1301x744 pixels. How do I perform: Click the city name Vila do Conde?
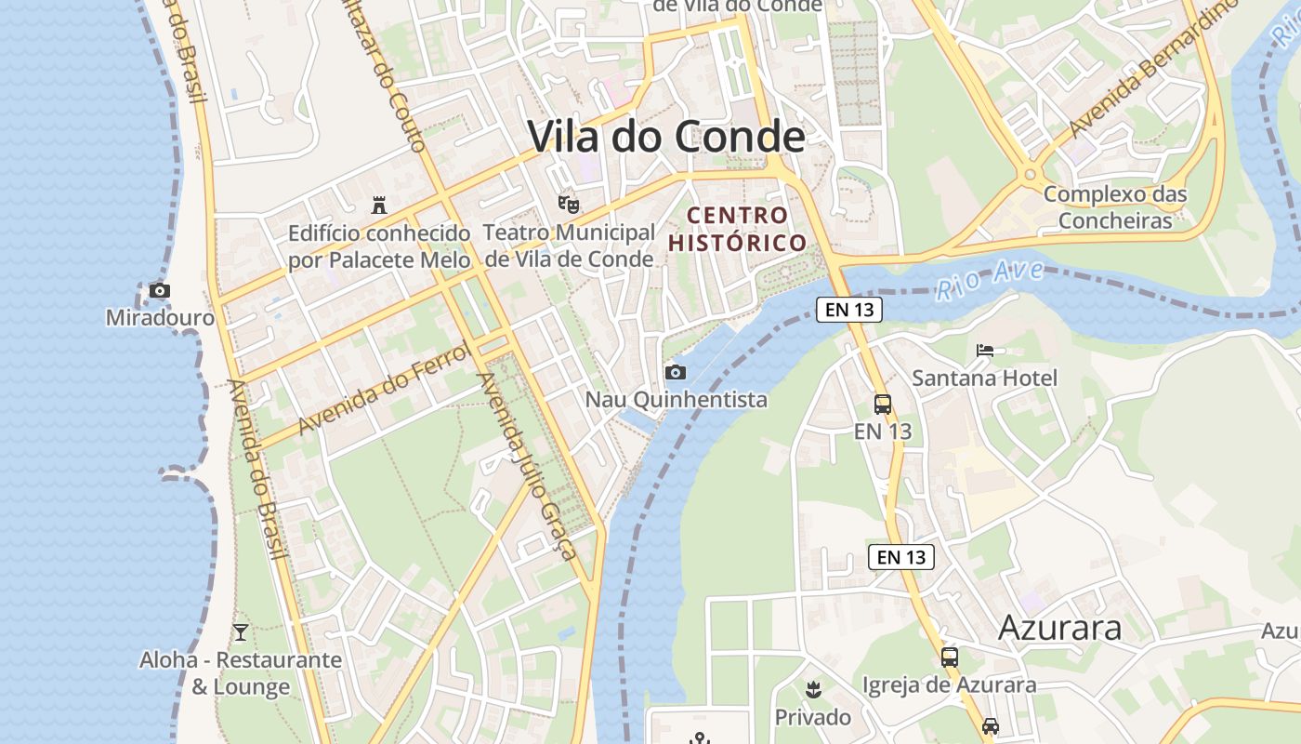coord(666,137)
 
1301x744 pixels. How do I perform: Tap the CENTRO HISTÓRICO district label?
coord(738,229)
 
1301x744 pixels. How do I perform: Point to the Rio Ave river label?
coord(989,279)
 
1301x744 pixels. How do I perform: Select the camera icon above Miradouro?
coord(160,291)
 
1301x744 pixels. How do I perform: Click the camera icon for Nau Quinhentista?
coord(676,373)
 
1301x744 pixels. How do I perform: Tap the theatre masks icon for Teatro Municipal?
coord(568,204)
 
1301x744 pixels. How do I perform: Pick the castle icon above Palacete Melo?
coord(378,205)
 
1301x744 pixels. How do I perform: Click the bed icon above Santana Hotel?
coord(985,351)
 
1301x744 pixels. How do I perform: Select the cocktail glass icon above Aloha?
coord(241,632)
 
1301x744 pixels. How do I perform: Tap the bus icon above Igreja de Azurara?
coord(949,658)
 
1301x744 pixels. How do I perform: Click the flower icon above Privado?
coord(813,689)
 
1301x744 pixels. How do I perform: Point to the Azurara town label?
coord(1059,628)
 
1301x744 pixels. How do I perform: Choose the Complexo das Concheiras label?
coord(1115,207)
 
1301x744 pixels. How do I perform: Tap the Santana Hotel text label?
coord(984,379)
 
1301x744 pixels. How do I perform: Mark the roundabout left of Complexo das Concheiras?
coord(1030,174)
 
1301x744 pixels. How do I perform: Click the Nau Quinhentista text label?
coord(676,400)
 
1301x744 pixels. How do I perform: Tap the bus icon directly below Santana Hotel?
coord(882,405)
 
